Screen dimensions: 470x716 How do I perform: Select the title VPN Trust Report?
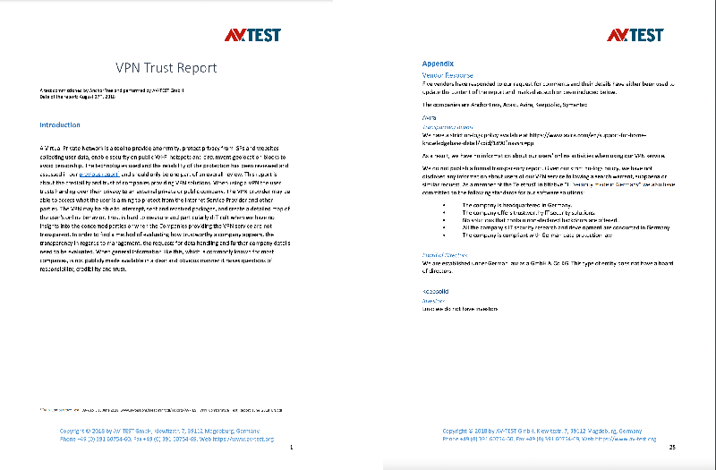(166, 67)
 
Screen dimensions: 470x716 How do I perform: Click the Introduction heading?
(60, 125)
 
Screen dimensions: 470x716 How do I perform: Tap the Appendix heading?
(438, 64)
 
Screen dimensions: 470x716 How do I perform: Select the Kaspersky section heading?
(435, 292)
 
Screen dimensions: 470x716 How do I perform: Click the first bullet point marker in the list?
(446, 205)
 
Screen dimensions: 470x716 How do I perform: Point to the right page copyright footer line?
(549, 431)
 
